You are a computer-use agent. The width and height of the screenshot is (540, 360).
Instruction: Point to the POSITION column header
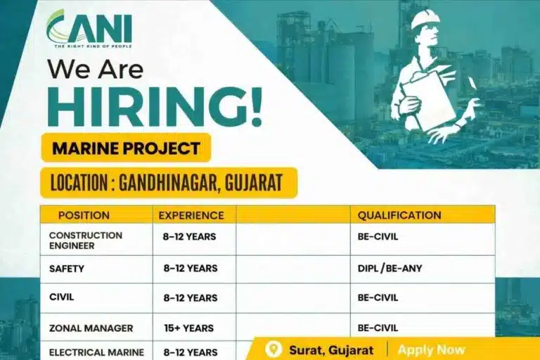(x=84, y=215)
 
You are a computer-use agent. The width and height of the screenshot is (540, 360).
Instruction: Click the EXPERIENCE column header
(x=191, y=215)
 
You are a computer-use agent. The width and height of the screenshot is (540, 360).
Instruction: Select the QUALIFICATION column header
(x=399, y=215)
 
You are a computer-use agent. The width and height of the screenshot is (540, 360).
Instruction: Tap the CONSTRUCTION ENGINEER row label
(x=86, y=240)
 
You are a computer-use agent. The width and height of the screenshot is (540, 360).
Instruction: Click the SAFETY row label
(x=67, y=268)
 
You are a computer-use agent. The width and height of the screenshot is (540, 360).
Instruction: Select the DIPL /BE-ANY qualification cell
(x=390, y=268)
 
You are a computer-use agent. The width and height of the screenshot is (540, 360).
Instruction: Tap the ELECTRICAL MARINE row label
(x=96, y=352)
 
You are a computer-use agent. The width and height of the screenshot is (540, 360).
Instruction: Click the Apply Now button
(x=431, y=349)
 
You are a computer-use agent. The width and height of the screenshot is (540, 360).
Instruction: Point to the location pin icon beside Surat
(x=274, y=349)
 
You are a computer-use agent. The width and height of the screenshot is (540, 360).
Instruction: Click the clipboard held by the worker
(x=428, y=98)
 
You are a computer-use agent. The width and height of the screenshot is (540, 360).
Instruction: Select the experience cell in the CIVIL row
(x=190, y=297)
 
